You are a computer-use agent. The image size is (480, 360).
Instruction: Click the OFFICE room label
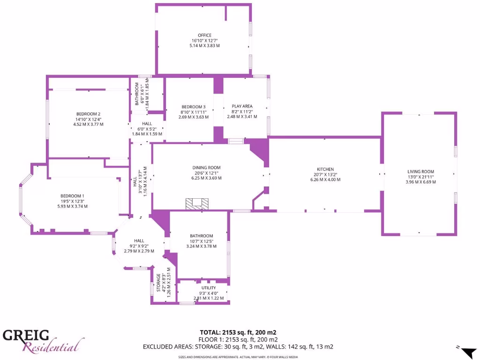point(204,35)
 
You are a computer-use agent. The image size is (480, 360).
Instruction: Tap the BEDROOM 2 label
point(88,114)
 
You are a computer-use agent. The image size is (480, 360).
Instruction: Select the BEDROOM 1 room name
point(72,196)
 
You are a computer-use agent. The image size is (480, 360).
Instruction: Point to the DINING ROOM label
point(206,168)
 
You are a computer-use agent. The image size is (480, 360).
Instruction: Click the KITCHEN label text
point(325,169)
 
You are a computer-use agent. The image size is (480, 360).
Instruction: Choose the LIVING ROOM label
point(420,172)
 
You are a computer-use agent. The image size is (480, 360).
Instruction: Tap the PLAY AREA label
point(242,106)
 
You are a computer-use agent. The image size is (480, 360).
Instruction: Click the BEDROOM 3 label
point(194,107)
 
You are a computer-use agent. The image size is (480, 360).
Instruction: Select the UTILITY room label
point(209,288)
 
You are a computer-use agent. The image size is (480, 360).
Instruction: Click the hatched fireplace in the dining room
point(196,204)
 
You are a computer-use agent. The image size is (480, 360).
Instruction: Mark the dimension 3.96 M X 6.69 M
point(420,182)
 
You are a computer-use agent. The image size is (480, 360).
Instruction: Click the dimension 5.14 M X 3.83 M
point(204,45)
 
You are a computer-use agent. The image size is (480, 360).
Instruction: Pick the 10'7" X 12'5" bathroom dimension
point(202,241)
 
